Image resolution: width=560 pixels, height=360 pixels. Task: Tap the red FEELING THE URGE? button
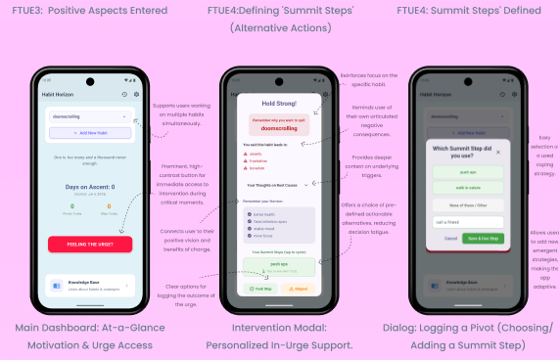(89, 244)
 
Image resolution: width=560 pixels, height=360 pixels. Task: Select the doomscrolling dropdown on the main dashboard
(89, 114)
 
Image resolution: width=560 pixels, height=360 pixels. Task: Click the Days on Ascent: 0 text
(89, 186)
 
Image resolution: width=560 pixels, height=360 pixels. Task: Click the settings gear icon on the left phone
(136, 94)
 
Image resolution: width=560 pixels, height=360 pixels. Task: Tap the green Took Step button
(261, 289)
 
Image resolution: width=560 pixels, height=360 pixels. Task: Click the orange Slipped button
(301, 289)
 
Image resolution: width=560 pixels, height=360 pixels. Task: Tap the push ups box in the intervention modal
(280, 266)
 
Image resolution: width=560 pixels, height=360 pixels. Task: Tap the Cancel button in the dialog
(450, 238)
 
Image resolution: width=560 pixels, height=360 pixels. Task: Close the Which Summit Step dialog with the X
(499, 153)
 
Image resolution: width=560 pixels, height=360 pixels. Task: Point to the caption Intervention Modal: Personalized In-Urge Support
(280, 336)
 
